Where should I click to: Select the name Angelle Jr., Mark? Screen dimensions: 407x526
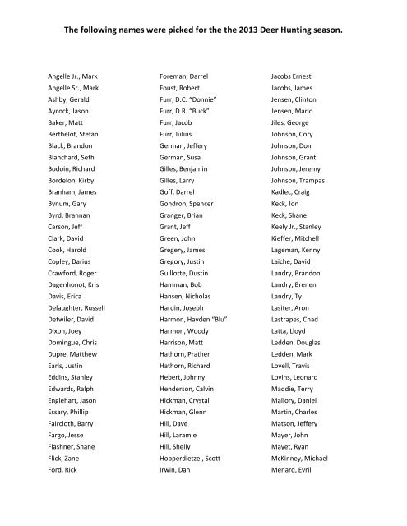pyautogui.click(x=75, y=75)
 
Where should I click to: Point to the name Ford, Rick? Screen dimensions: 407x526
pyautogui.click(x=65, y=471)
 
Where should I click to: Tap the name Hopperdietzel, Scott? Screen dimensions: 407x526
pyautogui.click(x=195, y=456)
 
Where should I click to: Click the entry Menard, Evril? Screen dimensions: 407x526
pyautogui.click(x=294, y=471)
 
